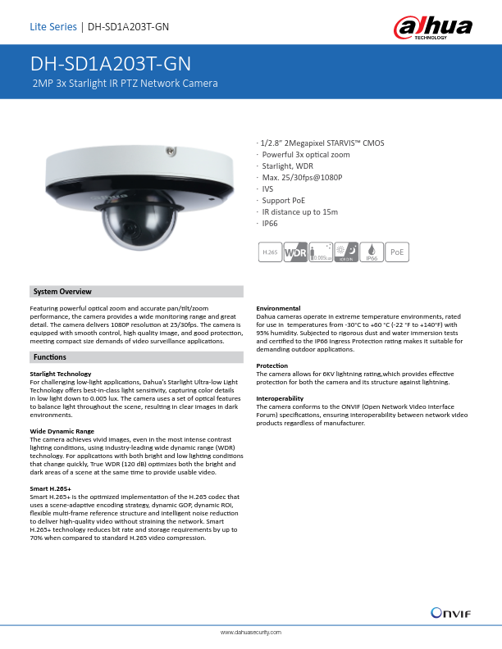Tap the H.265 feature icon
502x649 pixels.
click(x=269, y=253)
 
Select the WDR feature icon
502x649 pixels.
click(x=294, y=253)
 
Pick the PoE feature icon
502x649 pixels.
click(x=397, y=253)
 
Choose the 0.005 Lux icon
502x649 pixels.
click(x=321, y=253)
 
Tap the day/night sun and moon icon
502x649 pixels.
click(x=346, y=253)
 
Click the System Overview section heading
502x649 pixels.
click(x=62, y=292)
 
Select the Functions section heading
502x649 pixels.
click(x=50, y=358)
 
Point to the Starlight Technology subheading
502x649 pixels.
click(x=61, y=374)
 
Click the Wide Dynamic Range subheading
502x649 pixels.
click(x=62, y=430)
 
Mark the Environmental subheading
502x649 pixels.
click(x=278, y=308)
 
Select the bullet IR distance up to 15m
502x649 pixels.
click(x=300, y=211)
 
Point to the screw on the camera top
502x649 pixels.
click(x=171, y=152)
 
